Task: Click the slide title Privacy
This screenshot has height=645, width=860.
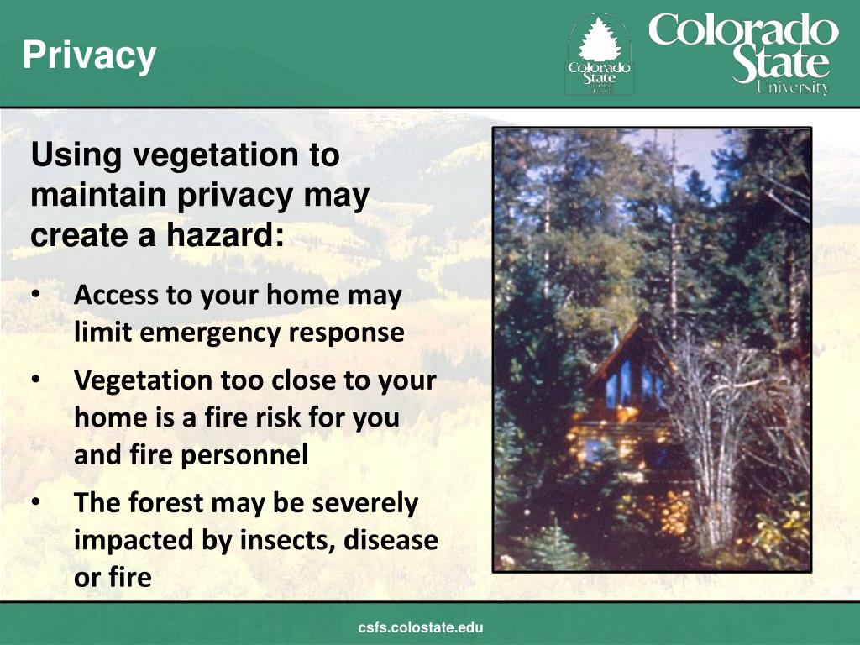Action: (89, 55)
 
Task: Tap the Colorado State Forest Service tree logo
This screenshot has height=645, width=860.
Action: (599, 55)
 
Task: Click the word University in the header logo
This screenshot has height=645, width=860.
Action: (792, 87)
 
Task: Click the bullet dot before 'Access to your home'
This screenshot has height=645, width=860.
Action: (36, 296)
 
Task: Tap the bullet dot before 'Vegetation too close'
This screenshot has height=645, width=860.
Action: (36, 380)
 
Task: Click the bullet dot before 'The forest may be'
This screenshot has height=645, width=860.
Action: (36, 503)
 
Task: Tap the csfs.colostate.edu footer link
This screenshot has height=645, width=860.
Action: (421, 627)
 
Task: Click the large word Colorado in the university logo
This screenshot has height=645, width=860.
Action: (743, 32)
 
